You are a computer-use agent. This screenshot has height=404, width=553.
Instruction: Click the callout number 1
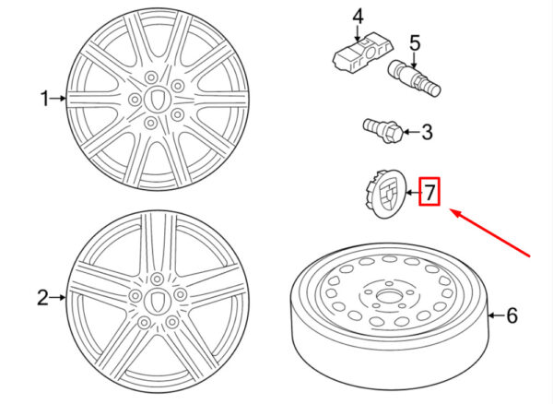pyautogui.click(x=44, y=99)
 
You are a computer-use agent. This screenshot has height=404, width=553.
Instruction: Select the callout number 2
pyautogui.click(x=42, y=297)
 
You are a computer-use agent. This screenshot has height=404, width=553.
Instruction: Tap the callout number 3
pyautogui.click(x=427, y=132)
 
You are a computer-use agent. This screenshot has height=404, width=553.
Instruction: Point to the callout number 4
pyautogui.click(x=358, y=18)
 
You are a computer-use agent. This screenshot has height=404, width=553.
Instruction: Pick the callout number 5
pyautogui.click(x=415, y=42)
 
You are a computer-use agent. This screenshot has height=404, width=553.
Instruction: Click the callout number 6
pyautogui.click(x=512, y=315)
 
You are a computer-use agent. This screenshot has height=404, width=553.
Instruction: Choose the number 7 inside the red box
pyautogui.click(x=429, y=192)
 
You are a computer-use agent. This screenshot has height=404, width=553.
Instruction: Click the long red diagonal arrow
pyautogui.click(x=490, y=232)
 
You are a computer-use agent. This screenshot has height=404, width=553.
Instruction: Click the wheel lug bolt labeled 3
pyautogui.click(x=383, y=131)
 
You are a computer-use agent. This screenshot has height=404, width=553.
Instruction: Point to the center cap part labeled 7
pyautogui.click(x=385, y=194)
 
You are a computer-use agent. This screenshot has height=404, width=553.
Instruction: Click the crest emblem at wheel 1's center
pyautogui.click(x=158, y=99)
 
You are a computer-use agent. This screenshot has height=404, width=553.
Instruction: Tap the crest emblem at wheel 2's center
pyautogui.click(x=158, y=302)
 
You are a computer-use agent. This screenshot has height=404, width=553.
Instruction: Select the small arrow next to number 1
pyautogui.click(x=58, y=99)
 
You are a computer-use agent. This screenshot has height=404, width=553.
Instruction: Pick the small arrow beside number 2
pyautogui.click(x=58, y=298)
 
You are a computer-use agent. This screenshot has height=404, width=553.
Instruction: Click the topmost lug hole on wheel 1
pyautogui.click(x=151, y=77)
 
